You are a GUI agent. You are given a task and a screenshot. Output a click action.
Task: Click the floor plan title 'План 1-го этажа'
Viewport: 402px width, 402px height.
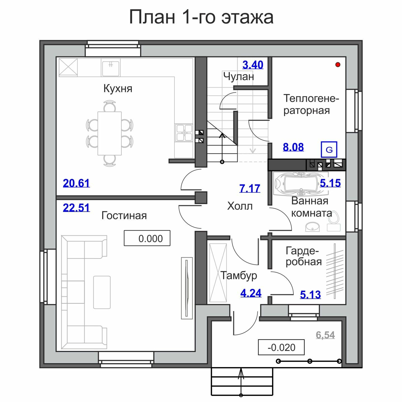click(201, 17)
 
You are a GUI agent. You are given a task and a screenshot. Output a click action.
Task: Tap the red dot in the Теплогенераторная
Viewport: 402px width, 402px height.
click(338, 65)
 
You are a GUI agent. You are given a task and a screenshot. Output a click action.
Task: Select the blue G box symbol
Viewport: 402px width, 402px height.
click(329, 150)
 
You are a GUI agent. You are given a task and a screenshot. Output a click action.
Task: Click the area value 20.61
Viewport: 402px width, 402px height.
click(76, 183)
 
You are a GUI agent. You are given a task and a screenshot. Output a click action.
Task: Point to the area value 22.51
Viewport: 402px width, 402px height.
click(76, 208)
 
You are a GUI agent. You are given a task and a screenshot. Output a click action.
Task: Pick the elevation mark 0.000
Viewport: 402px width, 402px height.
click(147, 238)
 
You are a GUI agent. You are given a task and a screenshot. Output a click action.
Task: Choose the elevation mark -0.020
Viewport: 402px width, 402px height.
click(281, 347)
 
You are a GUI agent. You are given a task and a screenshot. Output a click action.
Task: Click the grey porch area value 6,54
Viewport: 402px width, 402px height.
click(325, 335)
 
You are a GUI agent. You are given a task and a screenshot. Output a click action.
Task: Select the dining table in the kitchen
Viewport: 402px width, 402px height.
click(109, 133)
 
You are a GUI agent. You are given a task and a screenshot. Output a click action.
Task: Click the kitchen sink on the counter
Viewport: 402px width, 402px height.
click(111, 67)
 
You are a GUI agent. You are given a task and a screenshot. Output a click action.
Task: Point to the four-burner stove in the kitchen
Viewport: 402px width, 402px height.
click(184, 133)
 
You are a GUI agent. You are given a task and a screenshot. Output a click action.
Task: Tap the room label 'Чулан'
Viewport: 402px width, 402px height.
click(239, 76)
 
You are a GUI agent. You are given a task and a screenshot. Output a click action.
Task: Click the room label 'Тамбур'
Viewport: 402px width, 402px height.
click(239, 275)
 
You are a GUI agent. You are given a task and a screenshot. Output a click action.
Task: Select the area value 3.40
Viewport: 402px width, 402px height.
click(253, 65)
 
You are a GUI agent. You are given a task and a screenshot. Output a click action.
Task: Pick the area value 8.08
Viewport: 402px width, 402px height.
click(293, 147)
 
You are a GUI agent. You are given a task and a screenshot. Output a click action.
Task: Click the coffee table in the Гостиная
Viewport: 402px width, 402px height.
click(102, 292)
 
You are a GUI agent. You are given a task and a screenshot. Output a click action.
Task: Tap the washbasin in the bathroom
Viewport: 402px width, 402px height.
click(312, 227)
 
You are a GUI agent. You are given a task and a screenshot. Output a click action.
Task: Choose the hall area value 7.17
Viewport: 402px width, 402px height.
click(250, 188)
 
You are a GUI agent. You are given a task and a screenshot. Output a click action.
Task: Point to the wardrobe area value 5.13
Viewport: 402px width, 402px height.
click(310, 295)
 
